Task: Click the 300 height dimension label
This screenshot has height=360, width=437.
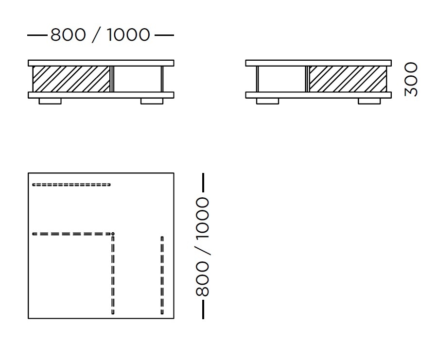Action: coord(411,79)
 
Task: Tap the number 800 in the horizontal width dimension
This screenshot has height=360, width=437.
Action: coord(68,35)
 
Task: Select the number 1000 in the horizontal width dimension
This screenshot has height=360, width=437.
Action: coord(128,35)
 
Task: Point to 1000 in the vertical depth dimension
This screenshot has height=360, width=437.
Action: coord(203,218)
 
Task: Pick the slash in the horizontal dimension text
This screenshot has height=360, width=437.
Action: coord(96,35)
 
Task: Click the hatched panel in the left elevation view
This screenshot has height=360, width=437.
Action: coord(71,79)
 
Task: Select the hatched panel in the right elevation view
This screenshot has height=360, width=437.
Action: coord(348,79)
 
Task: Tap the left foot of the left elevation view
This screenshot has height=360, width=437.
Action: coord(50,101)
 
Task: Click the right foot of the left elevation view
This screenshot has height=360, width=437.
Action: coord(152,101)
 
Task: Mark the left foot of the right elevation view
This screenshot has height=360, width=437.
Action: coord(267,101)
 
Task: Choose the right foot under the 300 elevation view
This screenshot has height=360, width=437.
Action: coord(369,101)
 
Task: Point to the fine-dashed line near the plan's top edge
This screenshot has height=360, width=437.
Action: coord(71,185)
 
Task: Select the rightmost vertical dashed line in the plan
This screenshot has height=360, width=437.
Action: coord(162,275)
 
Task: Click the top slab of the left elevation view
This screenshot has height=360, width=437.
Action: coord(101,63)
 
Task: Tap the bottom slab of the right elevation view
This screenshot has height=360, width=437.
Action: coord(318,95)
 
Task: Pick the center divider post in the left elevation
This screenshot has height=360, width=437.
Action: coord(112,79)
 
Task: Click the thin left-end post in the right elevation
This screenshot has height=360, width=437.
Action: coord(258,79)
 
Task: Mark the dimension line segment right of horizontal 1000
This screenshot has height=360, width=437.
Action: coord(164,35)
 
